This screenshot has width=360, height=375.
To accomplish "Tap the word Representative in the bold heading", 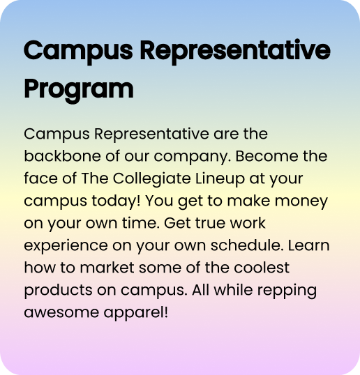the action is [x=235, y=52].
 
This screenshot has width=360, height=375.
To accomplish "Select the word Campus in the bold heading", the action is [x=78, y=52].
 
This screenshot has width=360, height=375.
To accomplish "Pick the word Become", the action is [x=267, y=156].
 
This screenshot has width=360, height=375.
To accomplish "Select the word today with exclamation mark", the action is [x=116, y=201].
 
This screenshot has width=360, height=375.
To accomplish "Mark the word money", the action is [x=301, y=201].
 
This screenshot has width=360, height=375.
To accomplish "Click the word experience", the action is [x=66, y=246].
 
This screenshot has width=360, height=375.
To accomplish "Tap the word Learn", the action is [x=309, y=245].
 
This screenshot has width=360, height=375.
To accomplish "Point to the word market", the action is [x=107, y=268].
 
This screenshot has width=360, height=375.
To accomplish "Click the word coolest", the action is [x=262, y=268].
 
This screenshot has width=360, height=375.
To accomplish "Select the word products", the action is [x=58, y=291].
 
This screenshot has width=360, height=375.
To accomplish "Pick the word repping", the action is [x=287, y=291].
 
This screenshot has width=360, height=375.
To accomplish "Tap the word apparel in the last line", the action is [x=136, y=313].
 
